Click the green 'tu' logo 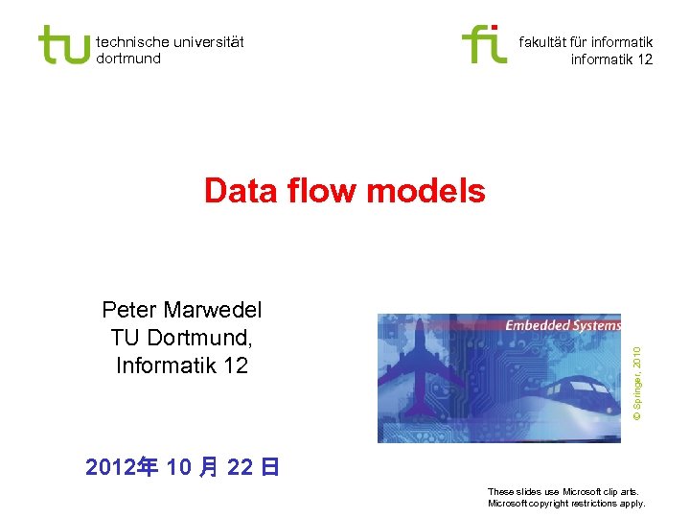point(63,44)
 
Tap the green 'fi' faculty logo point(484,44)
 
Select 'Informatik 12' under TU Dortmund point(181,365)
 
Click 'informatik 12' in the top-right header point(611,59)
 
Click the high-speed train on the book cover point(565,393)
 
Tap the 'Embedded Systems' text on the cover point(562,326)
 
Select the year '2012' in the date point(107,467)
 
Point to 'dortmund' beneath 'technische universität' point(128,59)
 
